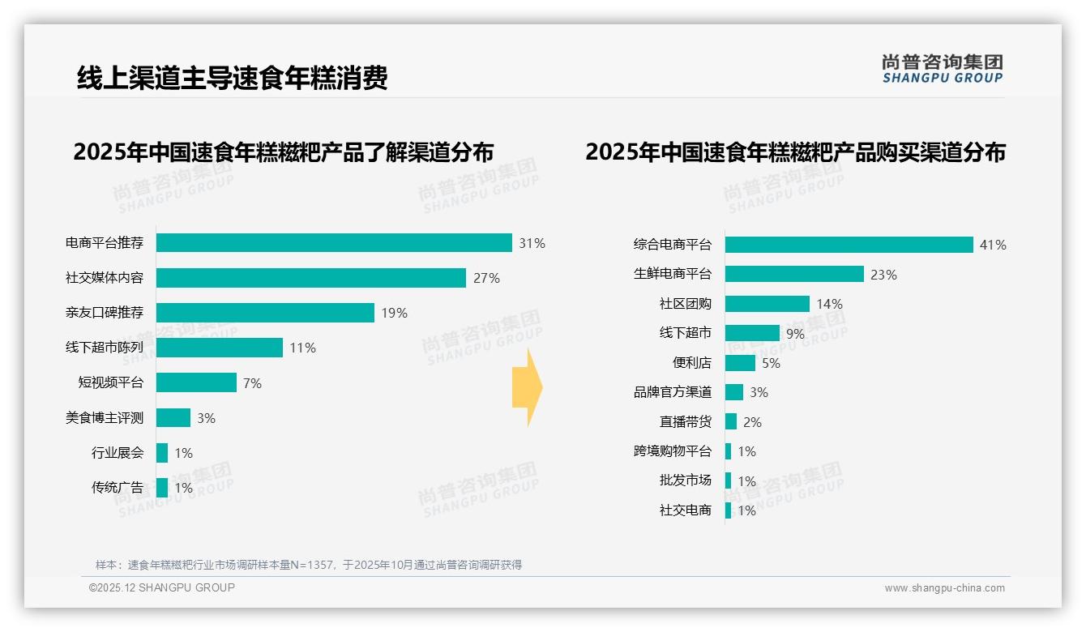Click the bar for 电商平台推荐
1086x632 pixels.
tap(334, 243)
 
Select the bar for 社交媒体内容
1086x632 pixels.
tap(311, 278)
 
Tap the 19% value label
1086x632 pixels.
tap(394, 313)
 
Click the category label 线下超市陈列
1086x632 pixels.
tap(105, 348)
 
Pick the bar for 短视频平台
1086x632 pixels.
tap(196, 382)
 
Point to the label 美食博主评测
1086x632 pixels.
tap(105, 418)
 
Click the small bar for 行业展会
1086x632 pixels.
tap(162, 453)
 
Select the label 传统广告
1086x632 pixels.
tap(118, 488)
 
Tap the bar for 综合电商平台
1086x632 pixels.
tap(849, 245)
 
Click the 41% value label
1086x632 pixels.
tap(993, 245)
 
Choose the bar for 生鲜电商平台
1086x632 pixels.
tap(794, 274)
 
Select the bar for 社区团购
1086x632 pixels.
tap(767, 304)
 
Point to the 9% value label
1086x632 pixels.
tap(795, 334)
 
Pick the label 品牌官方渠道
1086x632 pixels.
tap(672, 392)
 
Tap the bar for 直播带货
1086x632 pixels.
tap(731, 421)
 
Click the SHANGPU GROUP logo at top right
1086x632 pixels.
tap(942, 69)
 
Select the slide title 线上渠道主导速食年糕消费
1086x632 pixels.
tap(233, 78)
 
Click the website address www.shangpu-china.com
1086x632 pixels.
tap(944, 588)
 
